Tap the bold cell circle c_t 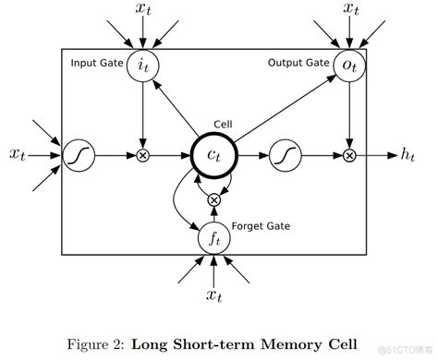tap(214, 156)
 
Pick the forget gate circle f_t tap(214, 238)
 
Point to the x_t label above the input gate tap(142, 12)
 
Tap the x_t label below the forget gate tap(214, 294)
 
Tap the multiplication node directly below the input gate tap(142, 156)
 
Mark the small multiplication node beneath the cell tap(214, 198)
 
